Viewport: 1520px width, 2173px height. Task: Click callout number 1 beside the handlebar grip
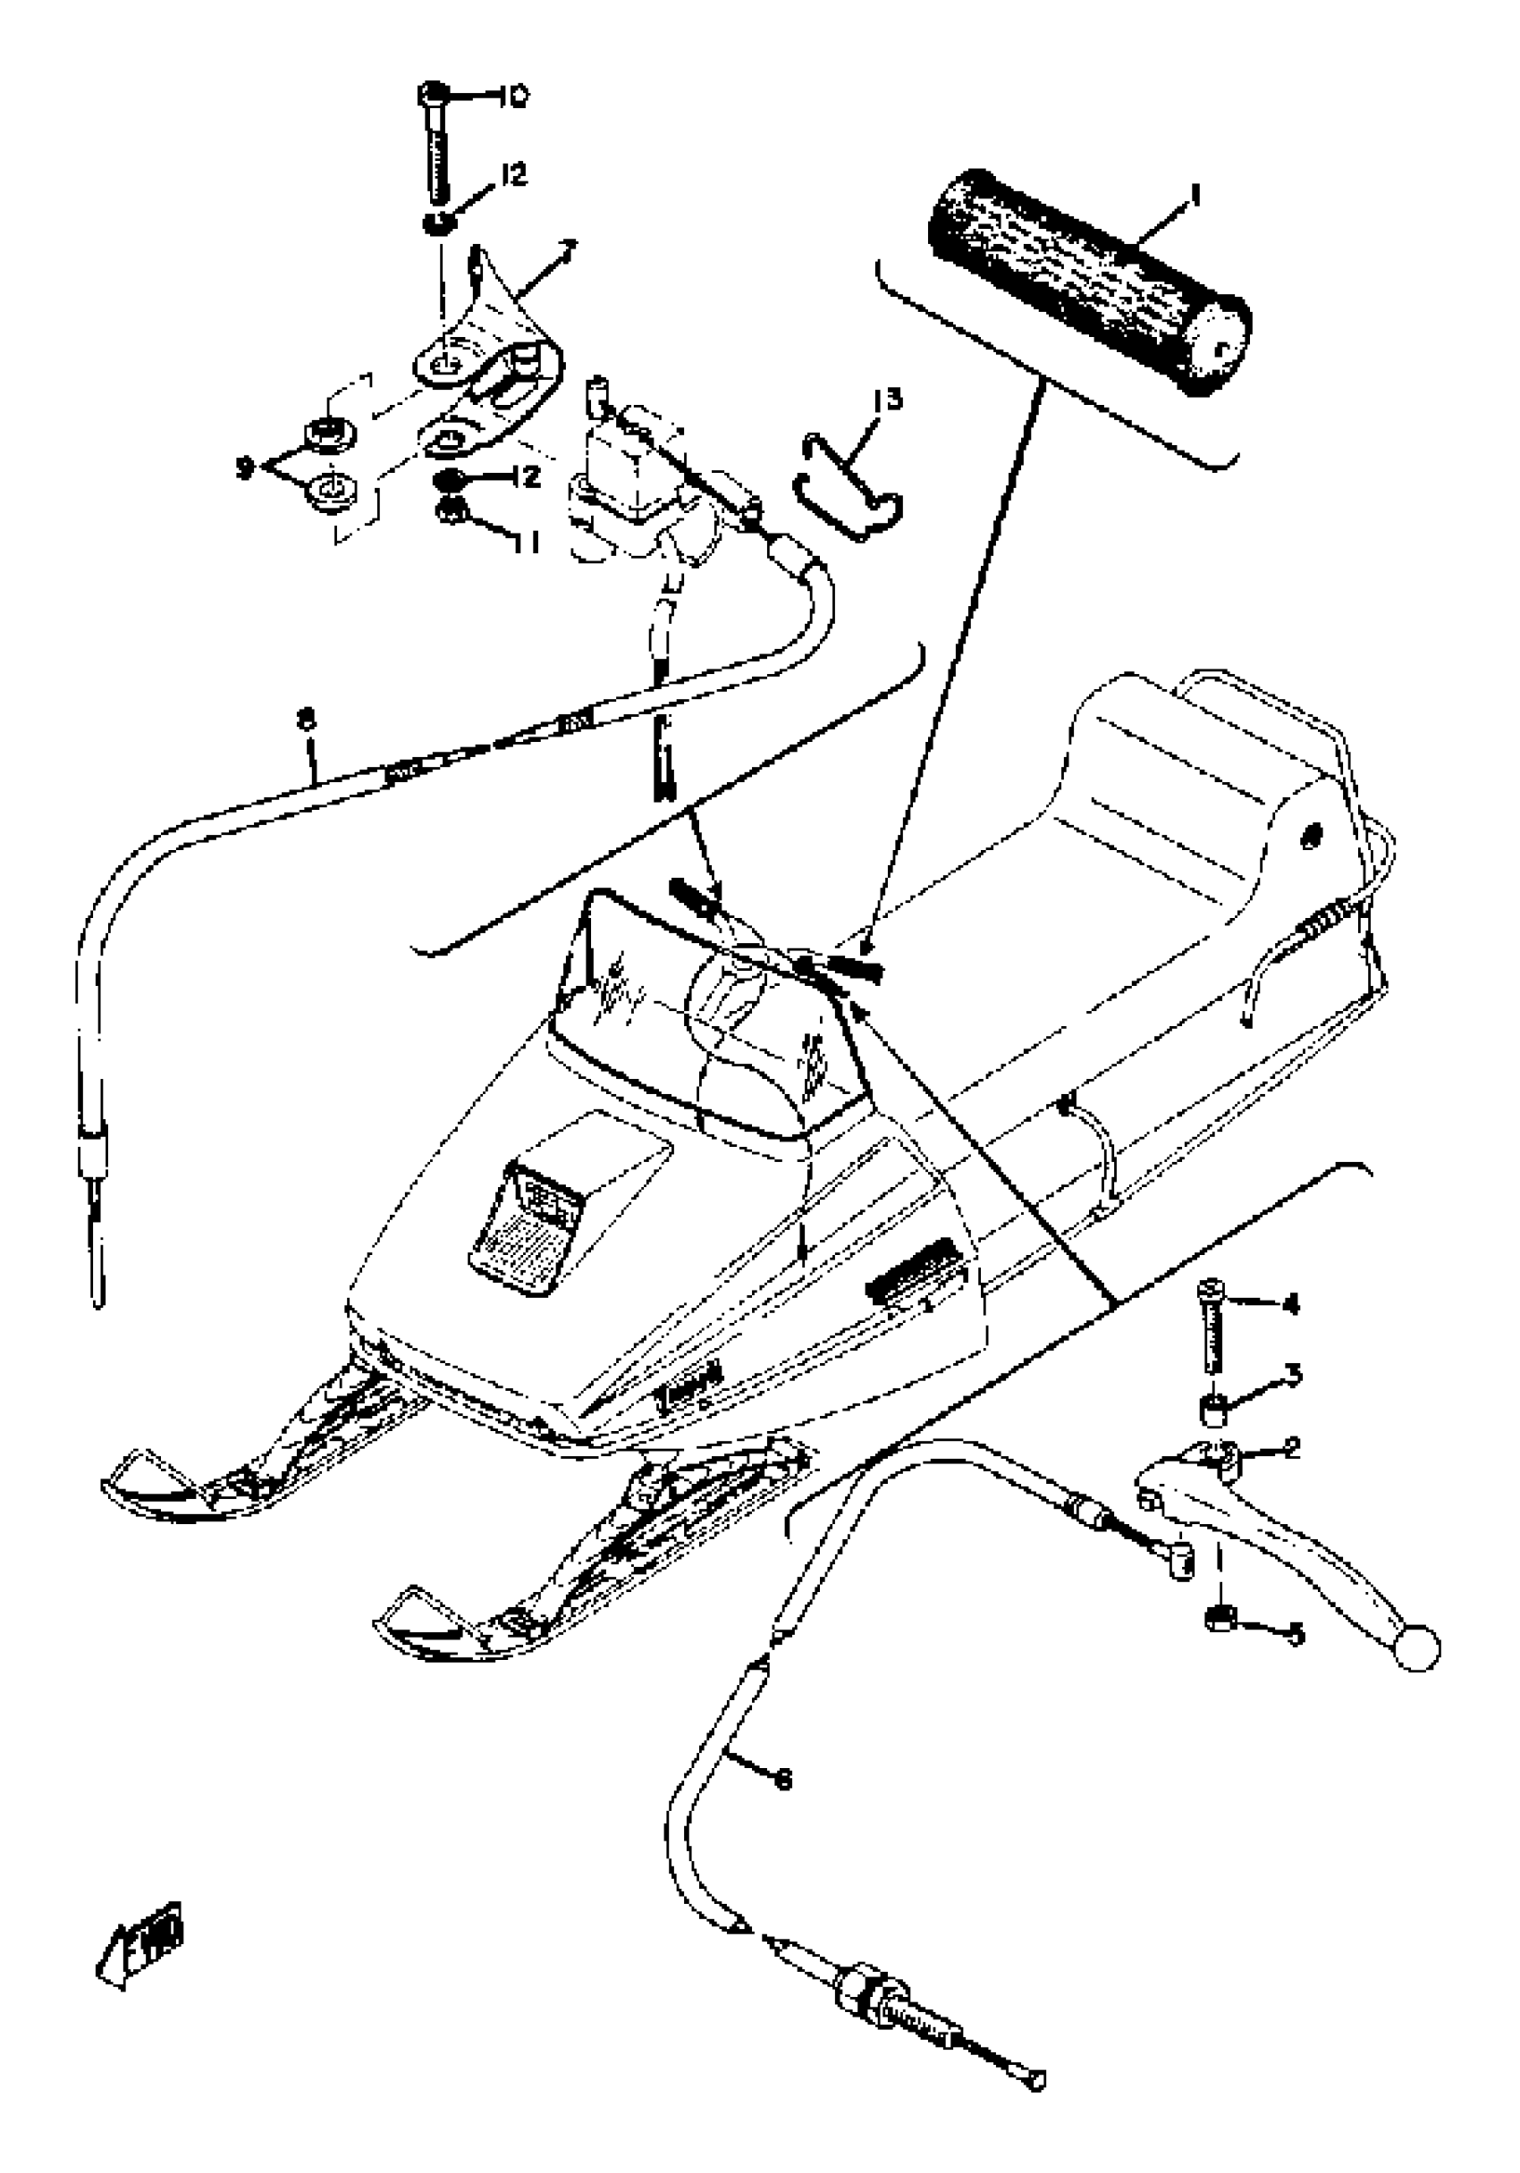(1196, 197)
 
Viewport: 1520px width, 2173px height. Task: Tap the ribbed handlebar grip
(1088, 275)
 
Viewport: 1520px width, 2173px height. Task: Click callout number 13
(888, 400)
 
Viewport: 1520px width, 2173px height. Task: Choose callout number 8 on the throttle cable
(305, 721)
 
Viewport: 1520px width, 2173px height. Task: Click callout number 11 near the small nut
(528, 543)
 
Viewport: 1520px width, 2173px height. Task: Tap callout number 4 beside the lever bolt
(1290, 1305)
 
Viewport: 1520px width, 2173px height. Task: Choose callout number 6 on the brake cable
(781, 1781)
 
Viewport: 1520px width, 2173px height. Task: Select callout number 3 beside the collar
(1293, 1372)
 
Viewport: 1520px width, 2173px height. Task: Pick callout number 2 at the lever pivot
(1292, 1447)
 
